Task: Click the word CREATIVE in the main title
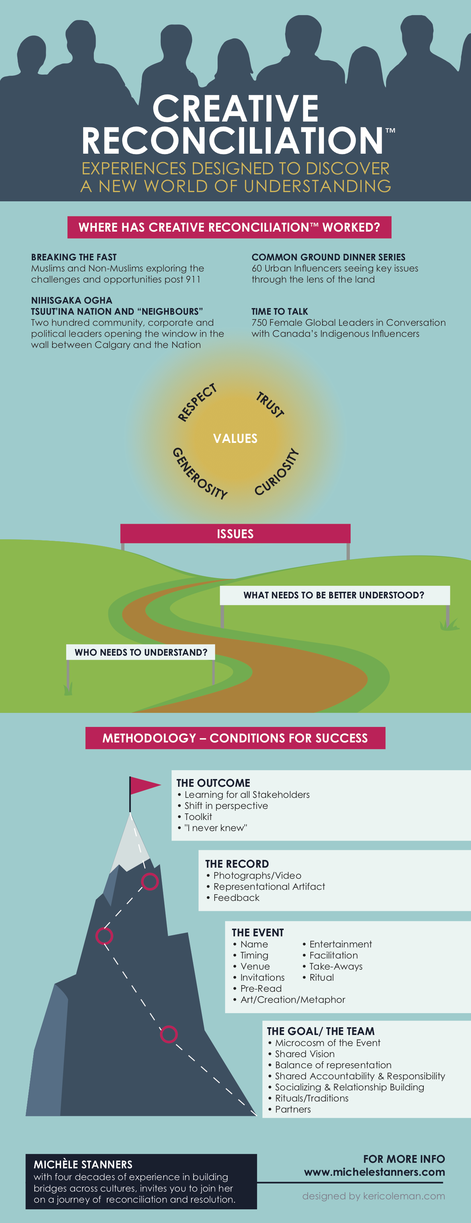click(x=236, y=108)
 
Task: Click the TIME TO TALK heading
click(x=280, y=311)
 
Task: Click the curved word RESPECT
click(x=197, y=403)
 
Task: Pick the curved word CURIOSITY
click(x=276, y=472)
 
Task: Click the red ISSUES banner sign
click(x=236, y=534)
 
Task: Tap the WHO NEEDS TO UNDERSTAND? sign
click(x=141, y=652)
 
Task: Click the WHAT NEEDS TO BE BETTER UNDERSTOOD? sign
click(x=334, y=595)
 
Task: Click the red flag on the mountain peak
click(x=145, y=785)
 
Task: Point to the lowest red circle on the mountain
click(x=168, y=1034)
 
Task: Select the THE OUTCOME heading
click(x=213, y=783)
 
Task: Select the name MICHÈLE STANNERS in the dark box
click(x=83, y=1164)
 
